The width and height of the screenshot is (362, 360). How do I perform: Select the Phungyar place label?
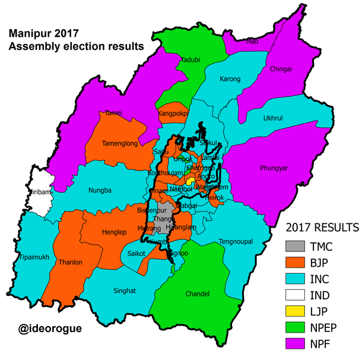pos(274,168)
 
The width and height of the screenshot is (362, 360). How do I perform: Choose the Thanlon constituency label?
pos(70,261)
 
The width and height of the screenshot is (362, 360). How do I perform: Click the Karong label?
pos(230,78)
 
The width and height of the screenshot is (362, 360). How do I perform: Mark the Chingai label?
pos(281,68)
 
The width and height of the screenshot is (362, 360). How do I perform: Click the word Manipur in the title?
pos(30,33)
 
